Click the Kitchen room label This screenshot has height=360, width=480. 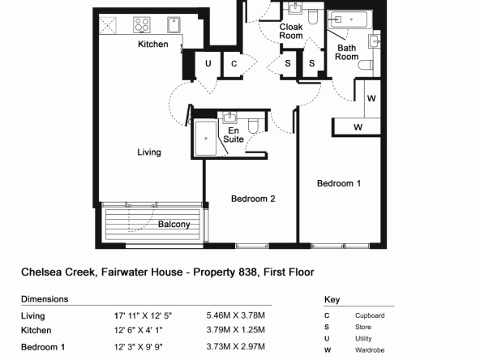(153, 44)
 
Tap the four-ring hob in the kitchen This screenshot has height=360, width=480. (142, 25)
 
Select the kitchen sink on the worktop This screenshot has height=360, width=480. (174, 25)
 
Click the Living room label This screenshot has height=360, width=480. (149, 152)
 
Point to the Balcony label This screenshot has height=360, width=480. (174, 225)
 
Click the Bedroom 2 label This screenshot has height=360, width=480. (253, 199)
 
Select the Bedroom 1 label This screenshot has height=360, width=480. (339, 183)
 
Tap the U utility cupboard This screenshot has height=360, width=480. (208, 64)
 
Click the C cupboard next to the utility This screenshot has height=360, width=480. (234, 64)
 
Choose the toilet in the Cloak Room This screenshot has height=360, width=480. (312, 17)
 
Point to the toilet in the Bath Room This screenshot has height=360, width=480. (366, 65)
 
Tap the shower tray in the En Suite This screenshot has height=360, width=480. (206, 139)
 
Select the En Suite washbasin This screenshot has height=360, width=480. (229, 118)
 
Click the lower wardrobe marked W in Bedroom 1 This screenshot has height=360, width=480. (357, 126)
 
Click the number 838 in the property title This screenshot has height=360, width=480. (247, 272)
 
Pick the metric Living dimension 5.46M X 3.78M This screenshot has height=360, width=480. (235, 315)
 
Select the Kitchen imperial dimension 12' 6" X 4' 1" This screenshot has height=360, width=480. (139, 330)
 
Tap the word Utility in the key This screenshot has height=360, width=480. (363, 339)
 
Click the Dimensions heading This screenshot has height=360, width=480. (45, 299)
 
